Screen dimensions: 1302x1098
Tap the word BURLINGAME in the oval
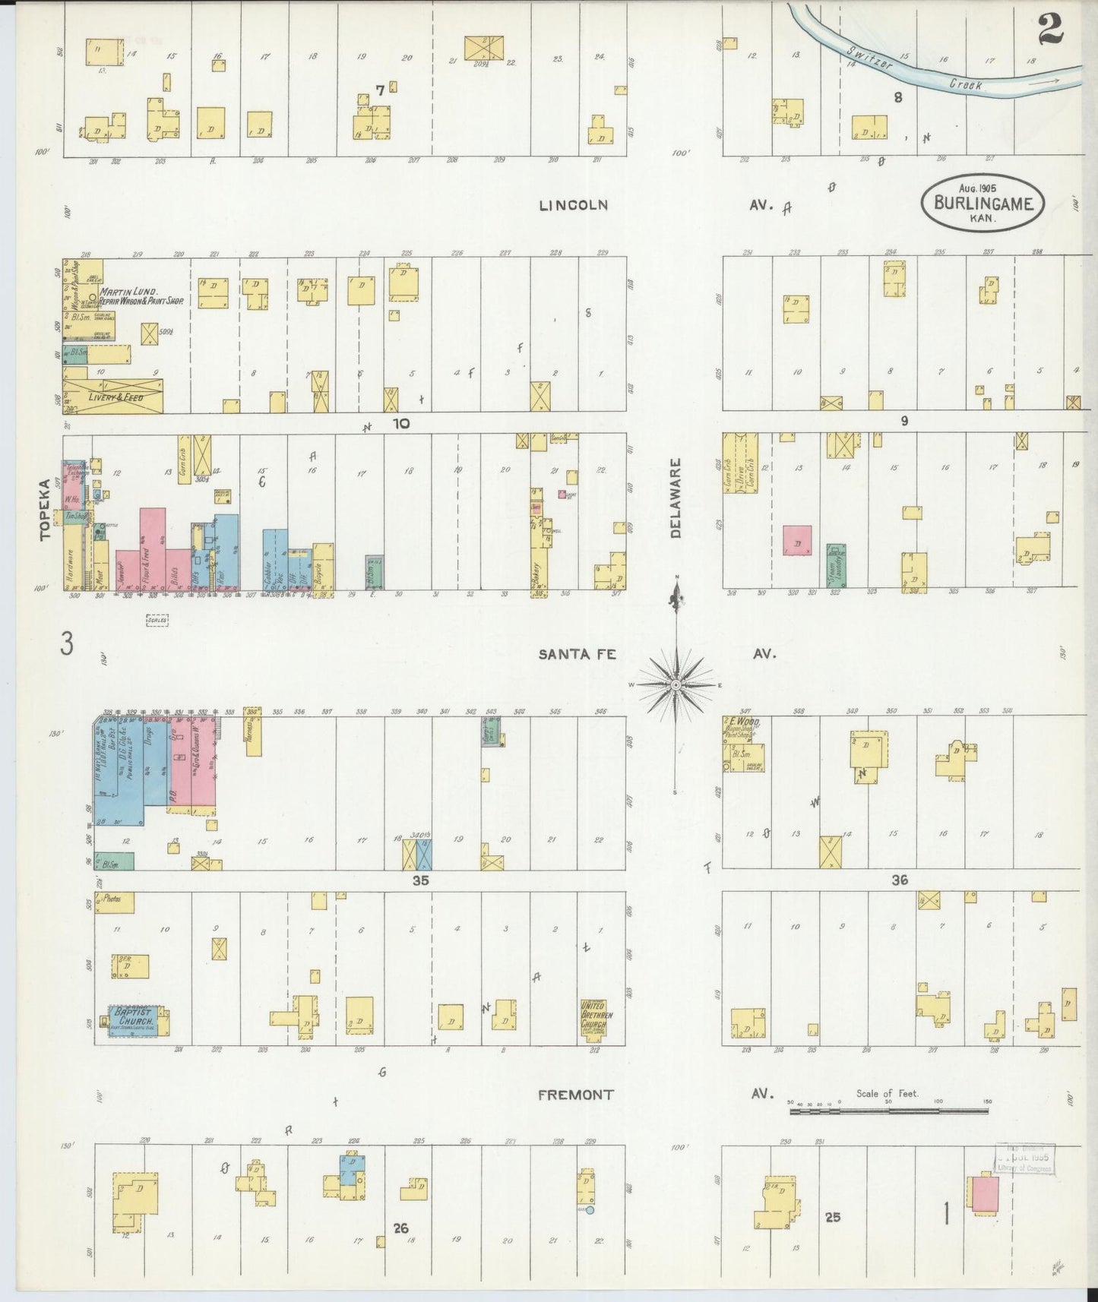click(x=983, y=204)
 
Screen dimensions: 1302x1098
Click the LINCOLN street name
click(x=574, y=205)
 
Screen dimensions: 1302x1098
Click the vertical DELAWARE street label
click(x=676, y=498)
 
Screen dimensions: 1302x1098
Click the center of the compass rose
click(x=676, y=684)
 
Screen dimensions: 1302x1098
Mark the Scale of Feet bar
click(x=889, y=1111)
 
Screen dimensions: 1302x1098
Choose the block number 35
click(x=421, y=880)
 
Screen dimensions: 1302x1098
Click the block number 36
click(x=900, y=880)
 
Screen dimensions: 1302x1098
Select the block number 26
click(x=402, y=1228)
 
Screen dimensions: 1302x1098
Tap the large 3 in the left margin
click(x=68, y=645)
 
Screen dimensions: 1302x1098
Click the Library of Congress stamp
click(x=1023, y=1158)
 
